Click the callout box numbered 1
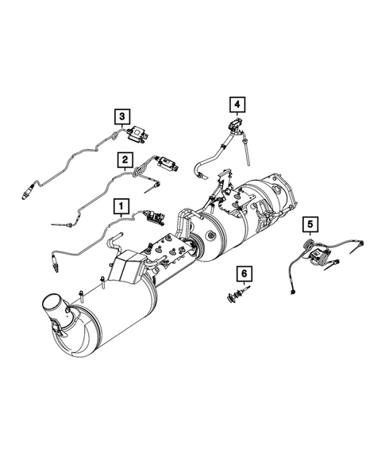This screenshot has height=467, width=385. pos(121,208)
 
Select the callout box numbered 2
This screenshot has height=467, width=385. pos(125,162)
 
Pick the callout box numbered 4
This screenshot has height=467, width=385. pos(237,103)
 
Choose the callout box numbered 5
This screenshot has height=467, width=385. pos(310,224)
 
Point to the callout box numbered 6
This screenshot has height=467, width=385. pos(244,274)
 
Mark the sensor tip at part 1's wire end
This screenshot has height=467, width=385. pos(53,261)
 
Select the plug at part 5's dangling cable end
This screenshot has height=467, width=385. pos(296,291)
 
